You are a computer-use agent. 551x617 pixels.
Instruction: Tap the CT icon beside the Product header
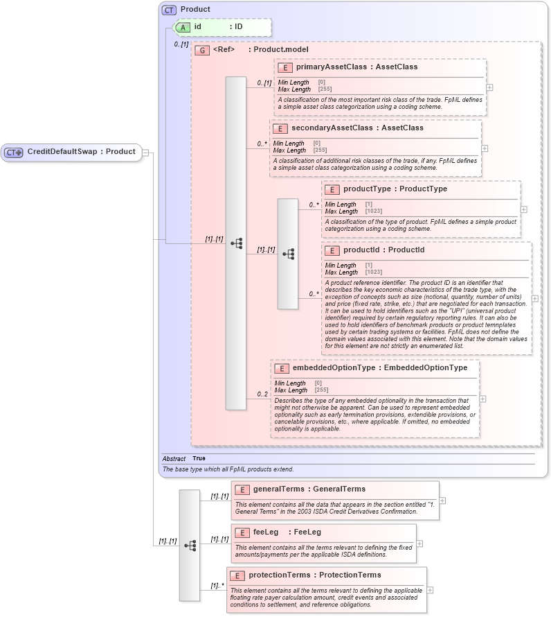(x=168, y=10)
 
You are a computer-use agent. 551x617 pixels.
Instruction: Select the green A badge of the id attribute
(x=182, y=27)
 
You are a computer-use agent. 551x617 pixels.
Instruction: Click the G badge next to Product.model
(x=202, y=50)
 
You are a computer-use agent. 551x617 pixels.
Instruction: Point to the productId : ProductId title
(x=383, y=250)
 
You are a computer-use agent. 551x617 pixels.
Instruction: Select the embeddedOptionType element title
(x=380, y=368)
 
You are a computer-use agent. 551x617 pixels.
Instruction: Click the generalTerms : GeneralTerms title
(x=309, y=489)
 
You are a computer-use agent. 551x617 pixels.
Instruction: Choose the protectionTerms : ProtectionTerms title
(x=314, y=575)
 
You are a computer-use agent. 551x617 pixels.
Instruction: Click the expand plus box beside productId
(x=534, y=299)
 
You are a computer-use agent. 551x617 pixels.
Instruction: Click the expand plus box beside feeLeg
(x=419, y=544)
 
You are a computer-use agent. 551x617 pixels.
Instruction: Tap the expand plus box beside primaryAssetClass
(x=489, y=87)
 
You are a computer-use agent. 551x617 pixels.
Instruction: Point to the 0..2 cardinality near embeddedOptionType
(x=262, y=394)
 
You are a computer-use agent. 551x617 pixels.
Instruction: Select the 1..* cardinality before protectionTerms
(x=217, y=586)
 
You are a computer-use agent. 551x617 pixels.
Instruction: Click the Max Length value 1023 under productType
(x=373, y=211)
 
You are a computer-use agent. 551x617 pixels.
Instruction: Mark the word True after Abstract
(x=199, y=458)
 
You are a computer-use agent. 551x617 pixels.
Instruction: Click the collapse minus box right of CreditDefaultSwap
(x=146, y=153)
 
